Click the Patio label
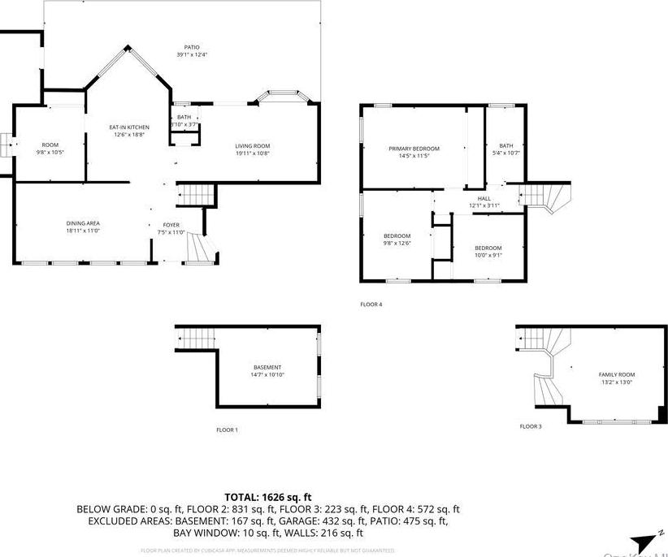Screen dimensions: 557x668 192,50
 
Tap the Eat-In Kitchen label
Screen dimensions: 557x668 129,131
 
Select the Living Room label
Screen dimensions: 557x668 252,149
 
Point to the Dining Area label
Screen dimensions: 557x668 83,227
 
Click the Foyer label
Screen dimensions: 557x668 171,228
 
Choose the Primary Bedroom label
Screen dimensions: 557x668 414,152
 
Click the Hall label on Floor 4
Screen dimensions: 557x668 484,201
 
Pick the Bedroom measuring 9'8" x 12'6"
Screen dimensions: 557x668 397,239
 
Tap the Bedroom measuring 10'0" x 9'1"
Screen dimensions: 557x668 488,251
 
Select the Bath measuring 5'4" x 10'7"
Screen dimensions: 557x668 506,149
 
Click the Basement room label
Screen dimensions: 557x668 267,371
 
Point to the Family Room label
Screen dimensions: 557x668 616,378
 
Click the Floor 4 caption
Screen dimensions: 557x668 371,304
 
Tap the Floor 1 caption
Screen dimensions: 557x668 227,430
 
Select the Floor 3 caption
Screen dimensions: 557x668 531,425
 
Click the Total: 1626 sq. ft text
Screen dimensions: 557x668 267,496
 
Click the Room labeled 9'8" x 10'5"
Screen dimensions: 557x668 50,149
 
